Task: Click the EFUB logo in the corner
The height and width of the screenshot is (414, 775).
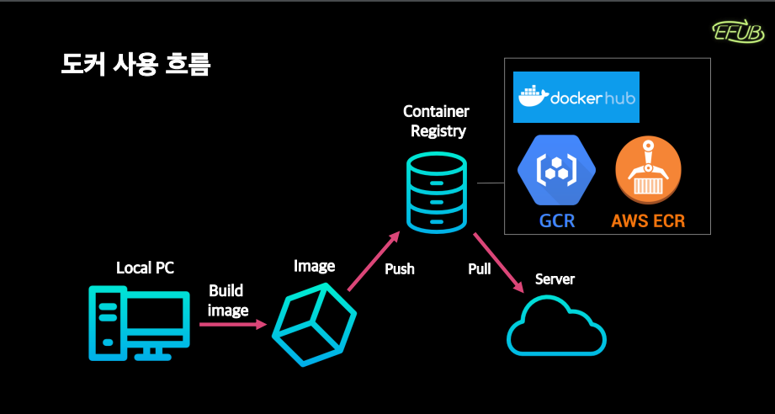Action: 737,32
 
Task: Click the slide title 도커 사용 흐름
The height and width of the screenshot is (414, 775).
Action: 136,65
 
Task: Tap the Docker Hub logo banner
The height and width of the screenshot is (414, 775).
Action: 576,97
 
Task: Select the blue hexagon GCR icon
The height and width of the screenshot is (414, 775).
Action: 556,169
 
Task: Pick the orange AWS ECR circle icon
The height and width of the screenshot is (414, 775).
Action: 648,170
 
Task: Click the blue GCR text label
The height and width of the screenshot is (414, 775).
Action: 557,220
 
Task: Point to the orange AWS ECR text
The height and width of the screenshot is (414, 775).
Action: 648,220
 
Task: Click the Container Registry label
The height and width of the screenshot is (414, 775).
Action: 436,121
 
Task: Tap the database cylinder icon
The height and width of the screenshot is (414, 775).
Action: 437,192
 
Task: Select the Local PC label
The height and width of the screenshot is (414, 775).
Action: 146,268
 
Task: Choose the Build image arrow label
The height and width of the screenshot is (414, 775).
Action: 227,300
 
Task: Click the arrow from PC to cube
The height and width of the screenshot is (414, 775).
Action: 233,325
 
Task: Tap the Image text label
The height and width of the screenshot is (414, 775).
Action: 315,266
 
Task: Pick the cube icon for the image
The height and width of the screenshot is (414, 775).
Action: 315,324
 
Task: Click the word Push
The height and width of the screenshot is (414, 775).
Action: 400,269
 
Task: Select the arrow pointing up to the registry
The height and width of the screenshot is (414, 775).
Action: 373,261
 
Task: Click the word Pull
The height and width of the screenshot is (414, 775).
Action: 480,268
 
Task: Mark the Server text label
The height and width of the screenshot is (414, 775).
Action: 555,279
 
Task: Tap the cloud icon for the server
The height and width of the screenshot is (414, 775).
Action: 556,326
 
